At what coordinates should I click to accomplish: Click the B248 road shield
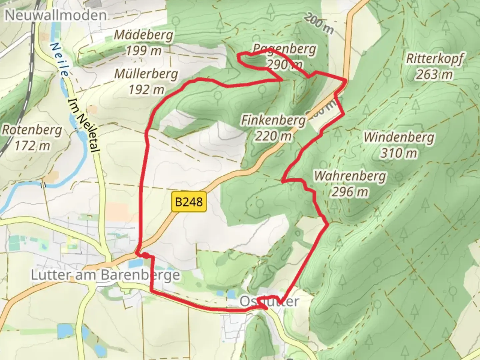(x=189, y=201)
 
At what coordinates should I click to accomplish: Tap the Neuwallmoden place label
(x=56, y=15)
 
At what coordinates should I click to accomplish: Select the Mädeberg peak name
(x=144, y=35)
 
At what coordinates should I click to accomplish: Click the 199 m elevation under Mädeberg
(x=144, y=50)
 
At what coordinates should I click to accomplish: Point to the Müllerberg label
(x=146, y=74)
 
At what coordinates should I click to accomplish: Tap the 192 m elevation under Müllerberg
(x=146, y=89)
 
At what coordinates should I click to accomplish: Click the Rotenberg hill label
(x=32, y=130)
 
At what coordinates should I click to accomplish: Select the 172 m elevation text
(x=32, y=145)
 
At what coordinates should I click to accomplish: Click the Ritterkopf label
(x=434, y=59)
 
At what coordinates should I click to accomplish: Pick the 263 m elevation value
(x=434, y=74)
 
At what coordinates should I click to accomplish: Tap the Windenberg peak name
(x=399, y=137)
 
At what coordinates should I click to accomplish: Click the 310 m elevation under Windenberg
(x=399, y=153)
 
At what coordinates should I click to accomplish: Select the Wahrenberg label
(x=350, y=176)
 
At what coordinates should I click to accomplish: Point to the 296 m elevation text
(x=350, y=192)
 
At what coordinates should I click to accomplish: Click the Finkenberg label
(x=273, y=120)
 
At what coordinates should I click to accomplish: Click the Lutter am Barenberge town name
(x=105, y=275)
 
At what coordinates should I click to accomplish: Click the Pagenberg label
(x=284, y=49)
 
